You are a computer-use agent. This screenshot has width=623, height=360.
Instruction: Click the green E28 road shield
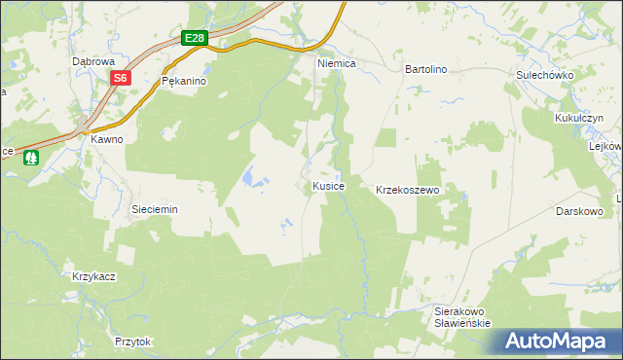tap(195, 38)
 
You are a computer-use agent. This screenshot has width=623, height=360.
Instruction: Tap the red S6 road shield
tap(120, 78)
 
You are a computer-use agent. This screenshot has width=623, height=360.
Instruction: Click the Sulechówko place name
tap(545, 75)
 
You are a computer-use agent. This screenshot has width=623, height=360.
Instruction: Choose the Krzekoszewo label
tap(409, 190)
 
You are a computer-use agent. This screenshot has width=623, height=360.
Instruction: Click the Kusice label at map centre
tap(328, 185)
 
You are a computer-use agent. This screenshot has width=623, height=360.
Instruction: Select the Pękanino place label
tap(184, 82)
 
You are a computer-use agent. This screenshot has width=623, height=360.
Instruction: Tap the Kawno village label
tap(107, 139)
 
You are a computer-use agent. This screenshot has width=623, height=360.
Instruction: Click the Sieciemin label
tap(154, 209)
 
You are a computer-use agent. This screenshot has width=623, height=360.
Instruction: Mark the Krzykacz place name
tap(94, 276)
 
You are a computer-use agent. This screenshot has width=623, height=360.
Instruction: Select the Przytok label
tap(133, 342)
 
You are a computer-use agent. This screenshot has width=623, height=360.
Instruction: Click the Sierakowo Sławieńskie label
tap(461, 317)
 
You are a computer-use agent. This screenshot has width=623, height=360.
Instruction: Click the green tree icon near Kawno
tap(32, 156)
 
